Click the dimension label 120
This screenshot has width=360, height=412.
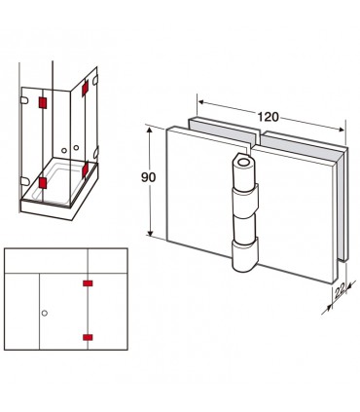[x=269, y=117]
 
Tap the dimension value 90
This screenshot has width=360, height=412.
[x=149, y=177]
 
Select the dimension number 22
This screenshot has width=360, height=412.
[x=340, y=292]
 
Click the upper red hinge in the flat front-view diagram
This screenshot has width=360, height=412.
[x=88, y=283]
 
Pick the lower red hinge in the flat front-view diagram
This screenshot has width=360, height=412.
[x=88, y=337]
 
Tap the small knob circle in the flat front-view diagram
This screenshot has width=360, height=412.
[x=45, y=313]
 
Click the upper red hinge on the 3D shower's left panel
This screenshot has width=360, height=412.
[x=43, y=103]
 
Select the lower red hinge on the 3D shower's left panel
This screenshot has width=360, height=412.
[x=43, y=183]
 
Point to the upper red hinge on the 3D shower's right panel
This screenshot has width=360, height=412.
[x=85, y=88]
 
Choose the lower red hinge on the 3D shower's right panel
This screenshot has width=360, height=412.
[x=86, y=169]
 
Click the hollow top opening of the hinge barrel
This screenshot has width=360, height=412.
[x=243, y=162]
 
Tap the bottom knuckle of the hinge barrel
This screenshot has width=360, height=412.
[x=245, y=255]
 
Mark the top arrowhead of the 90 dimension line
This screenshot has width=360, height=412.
[x=150, y=131]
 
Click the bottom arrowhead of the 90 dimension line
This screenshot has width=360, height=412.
[x=150, y=233]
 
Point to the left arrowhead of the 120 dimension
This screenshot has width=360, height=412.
[x=201, y=102]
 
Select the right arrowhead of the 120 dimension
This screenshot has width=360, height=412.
[x=341, y=130]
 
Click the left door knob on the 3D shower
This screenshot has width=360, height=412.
[x=64, y=150]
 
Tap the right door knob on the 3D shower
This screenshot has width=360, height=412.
[x=76, y=148]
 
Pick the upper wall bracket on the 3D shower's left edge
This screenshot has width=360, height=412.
[x=24, y=100]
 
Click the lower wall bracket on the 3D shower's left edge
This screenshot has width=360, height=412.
[x=24, y=181]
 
